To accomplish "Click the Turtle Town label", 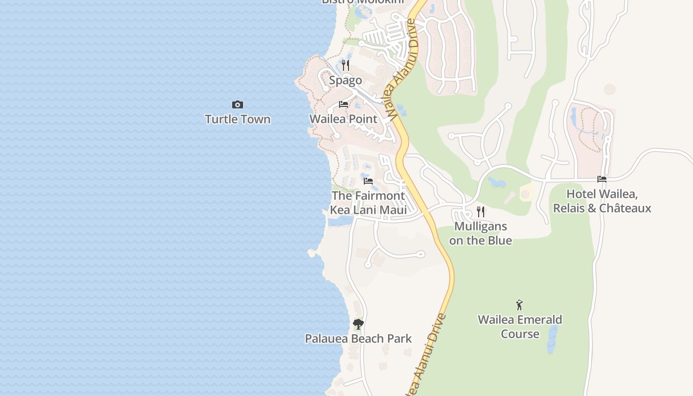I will tap(238, 119).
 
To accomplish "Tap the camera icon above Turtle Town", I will tap(238, 104).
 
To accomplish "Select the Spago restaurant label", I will tap(346, 80).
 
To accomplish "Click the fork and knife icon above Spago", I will tap(346, 65).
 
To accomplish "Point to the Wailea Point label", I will tap(343, 119).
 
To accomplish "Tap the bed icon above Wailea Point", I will tap(343, 104).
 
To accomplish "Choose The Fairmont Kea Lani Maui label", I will tap(368, 202).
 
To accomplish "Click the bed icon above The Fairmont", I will tap(368, 181).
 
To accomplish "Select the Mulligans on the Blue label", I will tap(481, 233).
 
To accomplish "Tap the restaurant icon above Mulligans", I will tap(481, 212).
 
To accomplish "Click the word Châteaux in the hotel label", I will tap(625, 208).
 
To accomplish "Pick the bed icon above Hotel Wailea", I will tap(602, 179).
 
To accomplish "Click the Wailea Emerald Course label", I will tap(520, 327).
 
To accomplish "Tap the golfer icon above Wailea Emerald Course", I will tap(519, 305).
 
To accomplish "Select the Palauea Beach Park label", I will tap(358, 339).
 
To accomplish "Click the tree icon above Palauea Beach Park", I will tap(358, 324).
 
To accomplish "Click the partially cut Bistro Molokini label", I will tap(362, 2).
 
